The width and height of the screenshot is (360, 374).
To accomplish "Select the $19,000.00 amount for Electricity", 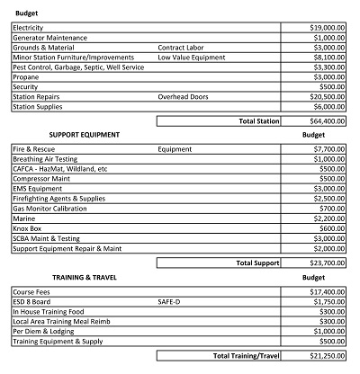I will [x=328, y=29].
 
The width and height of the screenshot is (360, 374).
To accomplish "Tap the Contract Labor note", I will [x=184, y=49].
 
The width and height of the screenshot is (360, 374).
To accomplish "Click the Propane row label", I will [x=27, y=77].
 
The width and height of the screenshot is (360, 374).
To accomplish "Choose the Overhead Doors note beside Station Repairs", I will [x=184, y=96].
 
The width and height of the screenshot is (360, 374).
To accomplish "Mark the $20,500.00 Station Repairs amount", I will [x=328, y=96].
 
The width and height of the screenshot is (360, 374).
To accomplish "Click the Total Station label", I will [x=257, y=120].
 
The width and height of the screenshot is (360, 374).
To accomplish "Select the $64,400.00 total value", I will [x=328, y=120].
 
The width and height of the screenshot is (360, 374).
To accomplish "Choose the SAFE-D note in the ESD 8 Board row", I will [x=171, y=302].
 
